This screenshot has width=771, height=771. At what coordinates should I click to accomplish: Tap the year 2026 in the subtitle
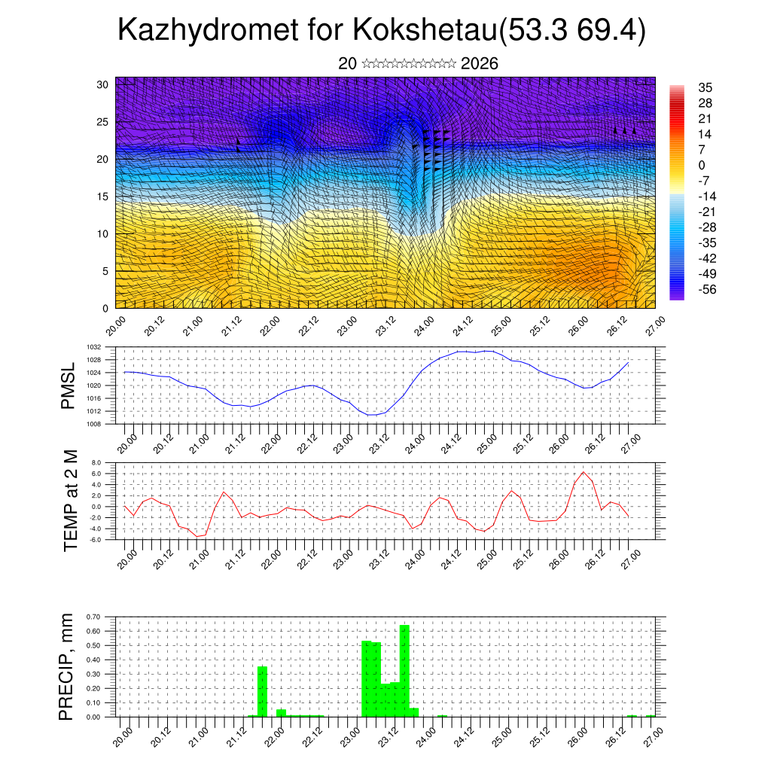click(479, 63)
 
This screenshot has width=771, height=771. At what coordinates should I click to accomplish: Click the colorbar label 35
click(705, 87)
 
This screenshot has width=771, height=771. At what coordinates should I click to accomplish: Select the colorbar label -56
click(709, 289)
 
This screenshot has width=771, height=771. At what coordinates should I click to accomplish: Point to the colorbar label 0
click(702, 165)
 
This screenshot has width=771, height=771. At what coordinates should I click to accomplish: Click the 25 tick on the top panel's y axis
click(104, 121)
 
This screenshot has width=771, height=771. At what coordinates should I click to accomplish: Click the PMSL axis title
click(69, 386)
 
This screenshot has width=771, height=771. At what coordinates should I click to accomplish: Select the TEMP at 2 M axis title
click(71, 500)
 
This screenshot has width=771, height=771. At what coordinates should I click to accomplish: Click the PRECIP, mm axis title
click(67, 666)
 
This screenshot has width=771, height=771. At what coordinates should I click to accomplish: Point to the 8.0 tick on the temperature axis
click(96, 462)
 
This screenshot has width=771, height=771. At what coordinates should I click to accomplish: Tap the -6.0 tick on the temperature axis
click(96, 540)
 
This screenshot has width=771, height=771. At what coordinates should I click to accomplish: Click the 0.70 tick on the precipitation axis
click(93, 617)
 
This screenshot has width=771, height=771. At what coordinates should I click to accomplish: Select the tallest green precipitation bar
click(404, 670)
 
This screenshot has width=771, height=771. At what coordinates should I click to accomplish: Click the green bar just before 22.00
click(263, 691)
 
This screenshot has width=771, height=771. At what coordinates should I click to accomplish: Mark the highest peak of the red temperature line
click(583, 472)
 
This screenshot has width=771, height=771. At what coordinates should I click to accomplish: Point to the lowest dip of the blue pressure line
click(371, 415)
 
